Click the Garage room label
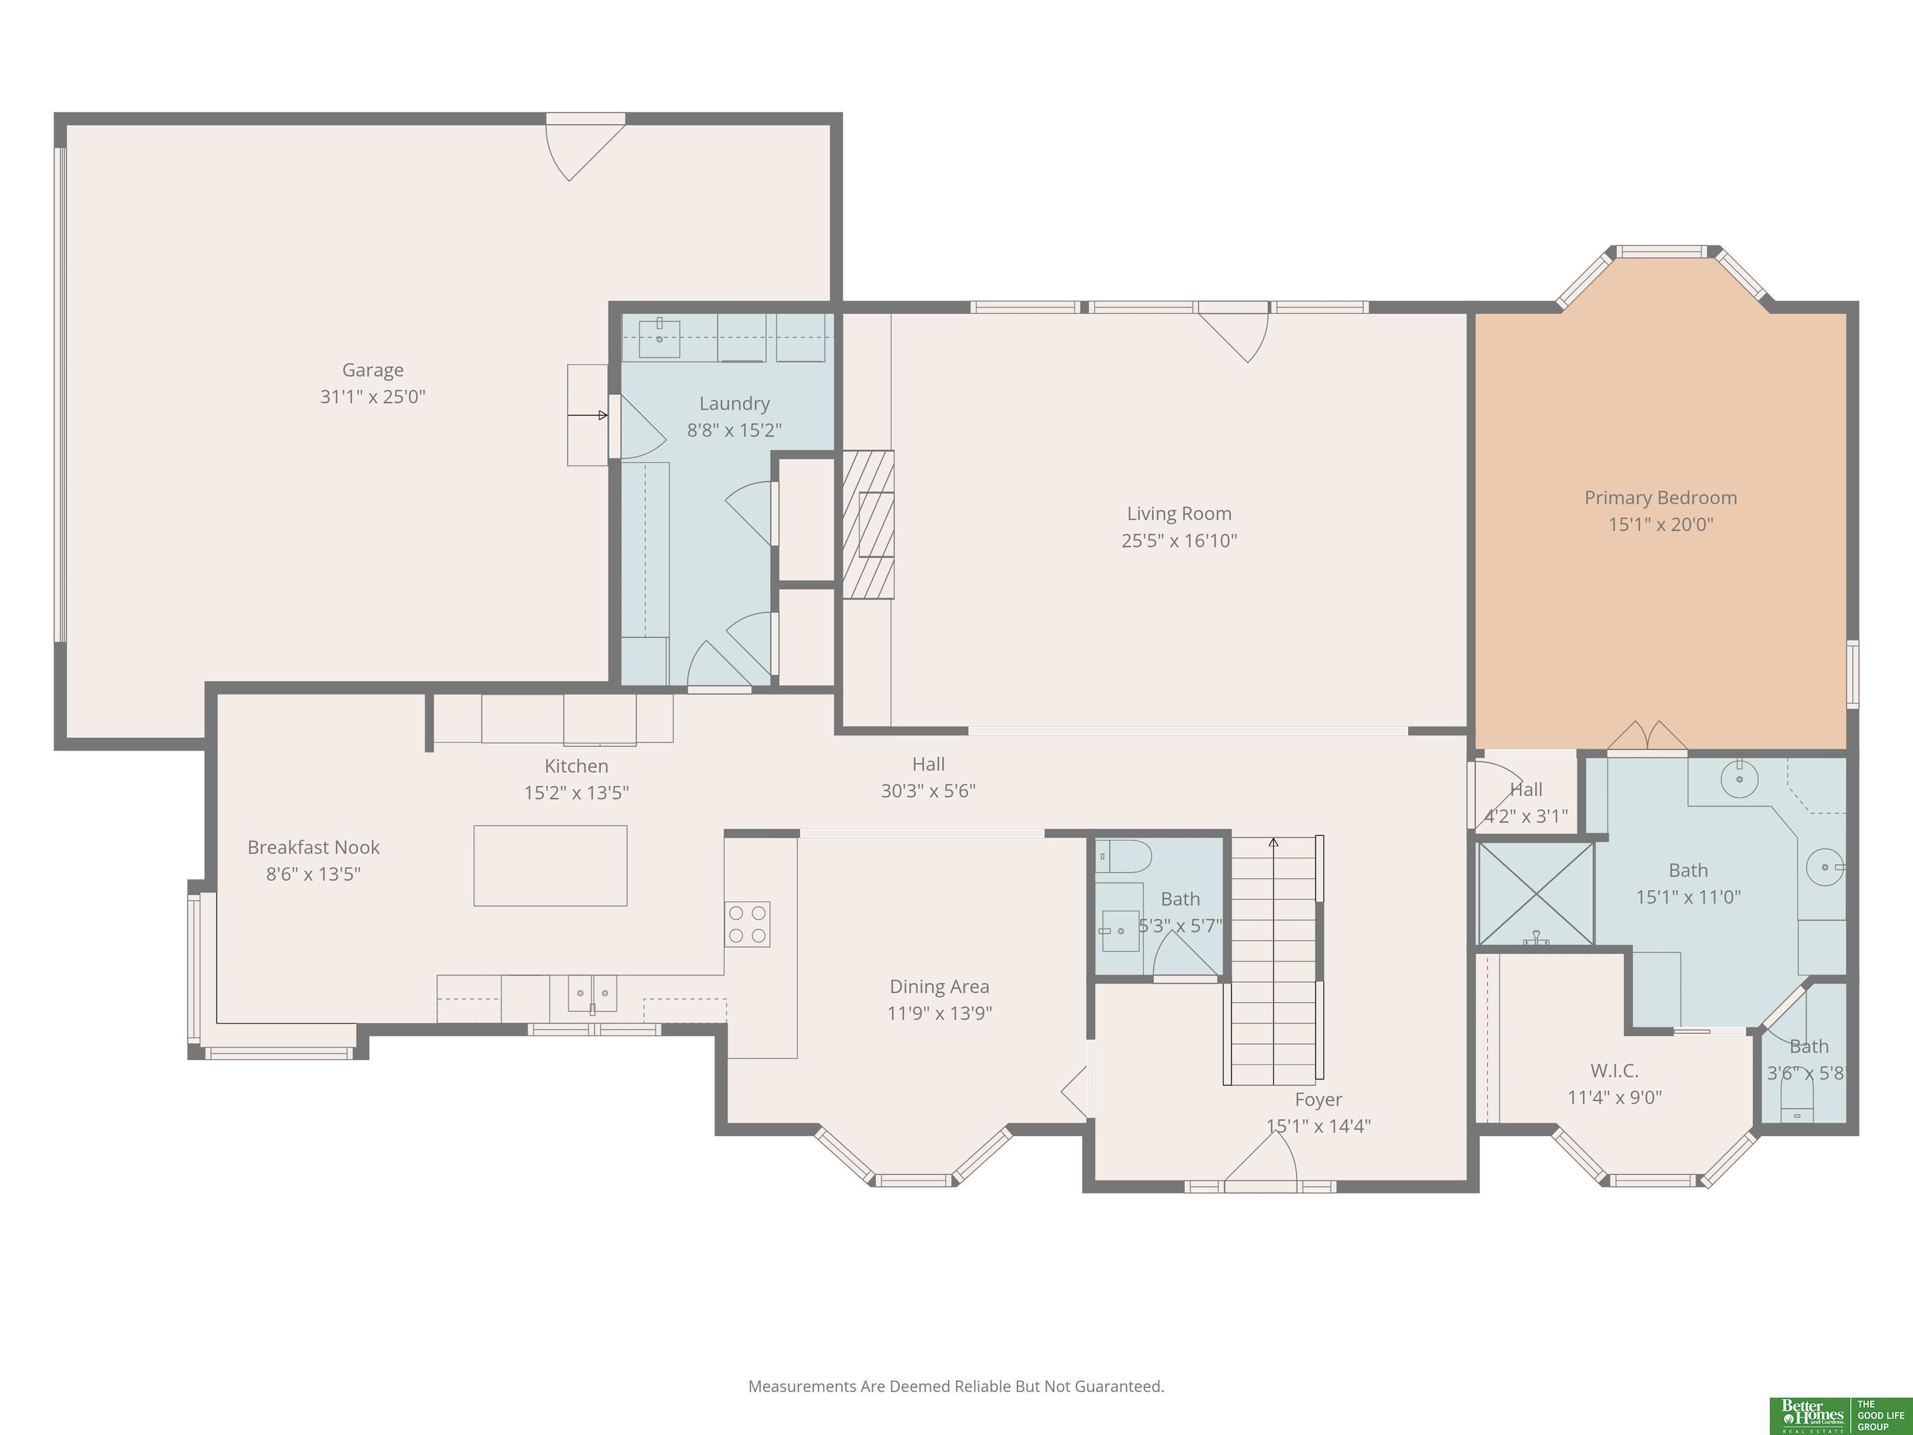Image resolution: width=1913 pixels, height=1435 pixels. [x=373, y=370]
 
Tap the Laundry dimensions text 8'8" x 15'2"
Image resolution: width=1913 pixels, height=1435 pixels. [x=734, y=430]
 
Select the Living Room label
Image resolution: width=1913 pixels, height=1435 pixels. [x=1179, y=514]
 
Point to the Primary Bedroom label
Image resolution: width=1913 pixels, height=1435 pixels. [x=1660, y=498]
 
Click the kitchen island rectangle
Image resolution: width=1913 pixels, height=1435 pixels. [x=550, y=866]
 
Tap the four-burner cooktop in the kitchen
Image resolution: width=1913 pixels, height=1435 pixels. [x=747, y=924]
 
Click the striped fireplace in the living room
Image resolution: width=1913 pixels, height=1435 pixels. [x=867, y=524]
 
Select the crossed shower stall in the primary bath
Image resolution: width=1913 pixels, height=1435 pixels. [x=1535, y=894]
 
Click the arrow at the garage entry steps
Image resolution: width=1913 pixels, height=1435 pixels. [x=588, y=415]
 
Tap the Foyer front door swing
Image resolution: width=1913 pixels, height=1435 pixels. [x=1261, y=1155]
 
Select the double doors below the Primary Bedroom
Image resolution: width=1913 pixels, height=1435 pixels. [x=1648, y=735]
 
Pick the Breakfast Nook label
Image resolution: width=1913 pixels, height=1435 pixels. [x=313, y=848]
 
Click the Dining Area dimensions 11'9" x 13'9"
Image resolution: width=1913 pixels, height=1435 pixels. [x=939, y=1013]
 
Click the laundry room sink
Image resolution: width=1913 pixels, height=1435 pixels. [x=659, y=338]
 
